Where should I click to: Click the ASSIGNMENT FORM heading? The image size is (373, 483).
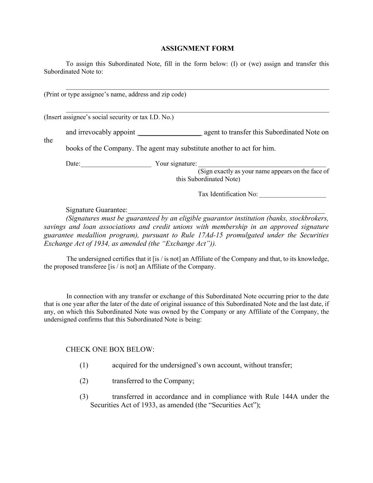point(197,48)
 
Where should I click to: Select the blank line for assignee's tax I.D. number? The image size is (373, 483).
point(197,111)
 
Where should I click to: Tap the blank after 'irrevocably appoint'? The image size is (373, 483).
point(170,134)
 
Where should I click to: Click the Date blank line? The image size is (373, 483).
point(116,165)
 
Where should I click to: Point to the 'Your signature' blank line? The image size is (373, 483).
point(262,165)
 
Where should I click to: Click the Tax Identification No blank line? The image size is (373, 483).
point(292,196)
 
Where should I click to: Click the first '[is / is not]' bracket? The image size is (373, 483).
point(167,259)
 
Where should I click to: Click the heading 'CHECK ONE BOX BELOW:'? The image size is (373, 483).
point(110,350)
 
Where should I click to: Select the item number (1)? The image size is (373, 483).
point(84,365)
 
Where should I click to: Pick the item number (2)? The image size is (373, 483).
point(84,381)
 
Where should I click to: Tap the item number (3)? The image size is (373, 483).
point(84,397)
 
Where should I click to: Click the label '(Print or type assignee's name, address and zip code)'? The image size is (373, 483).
point(115,94)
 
